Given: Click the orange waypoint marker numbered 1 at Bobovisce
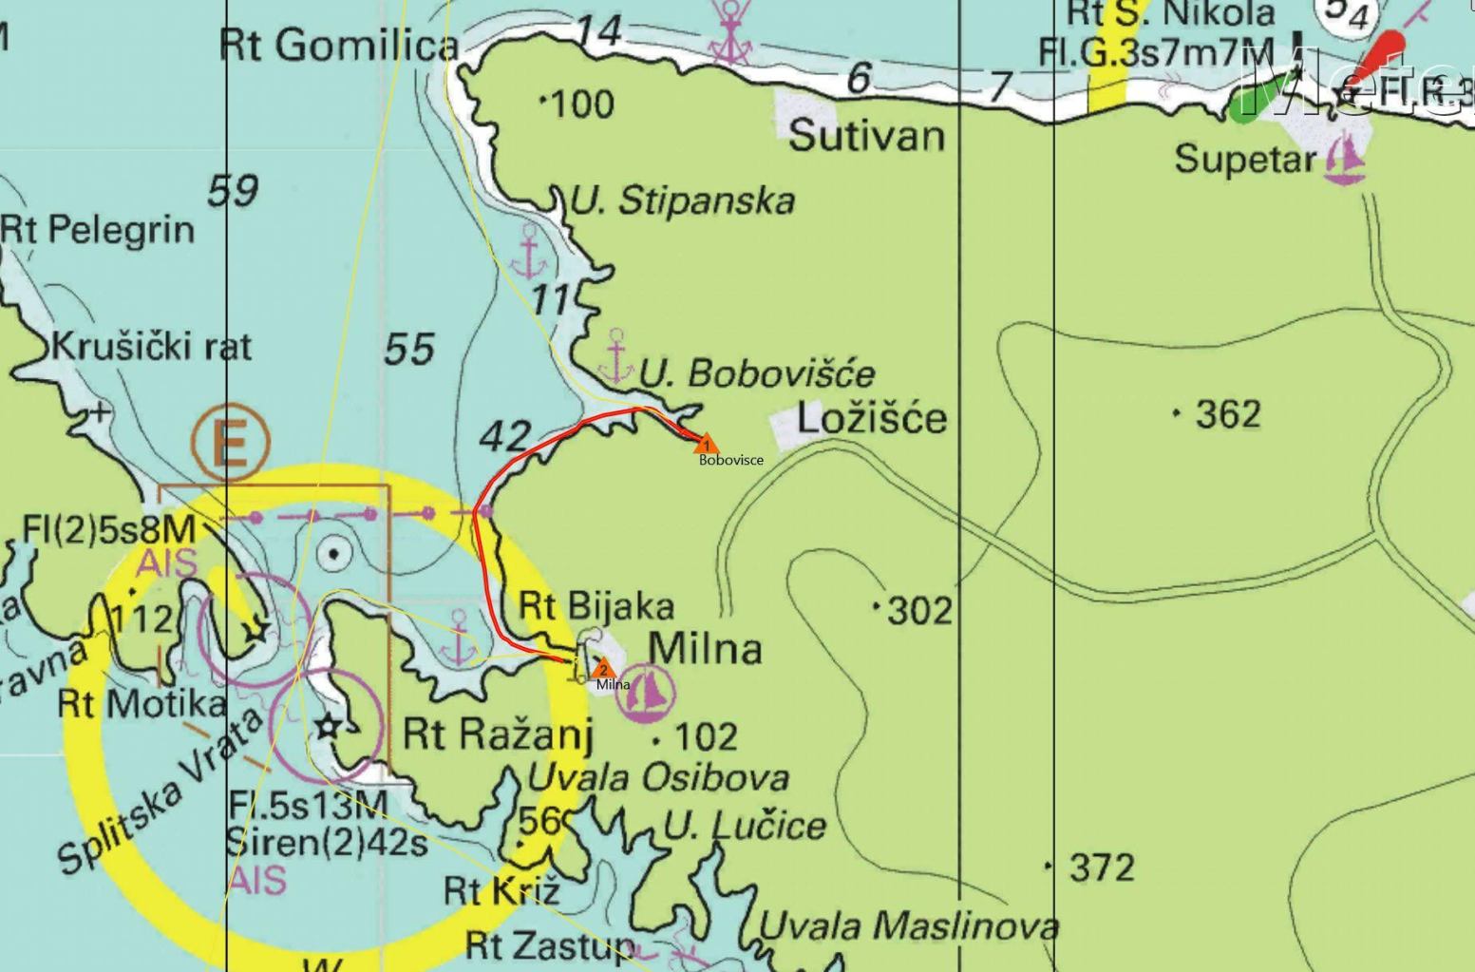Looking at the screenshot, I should click(705, 444).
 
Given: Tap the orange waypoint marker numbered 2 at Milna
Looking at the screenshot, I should click(602, 668).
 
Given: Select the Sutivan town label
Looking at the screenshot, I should click(867, 136).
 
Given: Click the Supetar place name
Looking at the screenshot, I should click(1245, 159).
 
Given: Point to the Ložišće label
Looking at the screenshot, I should click(872, 418).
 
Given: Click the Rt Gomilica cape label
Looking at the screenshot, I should click(339, 45).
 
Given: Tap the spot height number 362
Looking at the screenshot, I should click(1228, 414).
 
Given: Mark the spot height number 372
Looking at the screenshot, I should click(1101, 867).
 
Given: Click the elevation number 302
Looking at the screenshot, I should click(918, 610).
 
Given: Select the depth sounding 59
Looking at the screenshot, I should click(233, 191).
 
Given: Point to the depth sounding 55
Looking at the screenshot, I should click(409, 350).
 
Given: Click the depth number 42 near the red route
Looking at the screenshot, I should click(504, 436).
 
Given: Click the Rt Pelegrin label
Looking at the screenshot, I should click(97, 229).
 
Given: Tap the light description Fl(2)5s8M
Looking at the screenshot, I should click(108, 529).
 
